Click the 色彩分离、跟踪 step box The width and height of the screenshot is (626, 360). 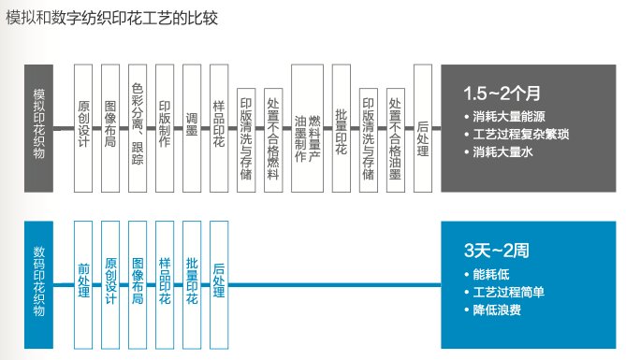coord(138,127)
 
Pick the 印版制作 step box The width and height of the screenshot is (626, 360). coord(166,127)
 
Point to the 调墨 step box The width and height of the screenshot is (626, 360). coord(193,127)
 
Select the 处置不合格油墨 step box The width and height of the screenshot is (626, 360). coord(395,127)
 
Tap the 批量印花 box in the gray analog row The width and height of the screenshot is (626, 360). coord(341,127)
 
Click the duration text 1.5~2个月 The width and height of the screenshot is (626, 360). coord(502,94)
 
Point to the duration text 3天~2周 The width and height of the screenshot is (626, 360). coord(497,251)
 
